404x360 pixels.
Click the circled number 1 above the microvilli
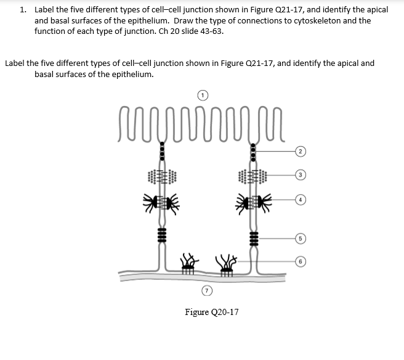[x=204, y=95]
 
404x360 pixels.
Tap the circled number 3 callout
[x=299, y=175]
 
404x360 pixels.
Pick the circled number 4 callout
[x=299, y=200]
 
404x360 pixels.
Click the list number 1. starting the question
[x=23, y=10]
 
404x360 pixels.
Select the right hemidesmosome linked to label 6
[x=226, y=264]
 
